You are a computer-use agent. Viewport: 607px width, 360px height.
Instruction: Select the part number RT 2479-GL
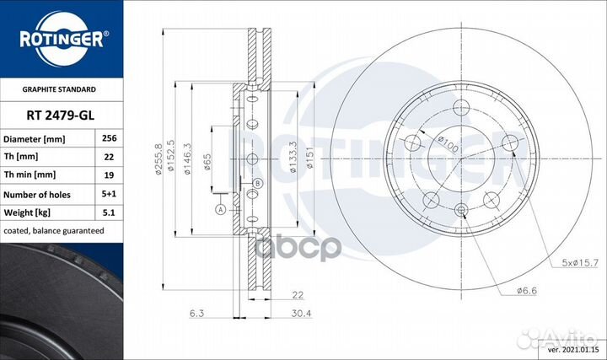(x=61, y=116)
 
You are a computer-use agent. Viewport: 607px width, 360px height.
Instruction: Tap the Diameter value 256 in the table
(x=109, y=138)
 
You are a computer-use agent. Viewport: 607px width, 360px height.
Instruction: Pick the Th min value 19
(x=109, y=175)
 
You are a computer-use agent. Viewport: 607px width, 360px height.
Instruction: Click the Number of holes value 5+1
(x=109, y=194)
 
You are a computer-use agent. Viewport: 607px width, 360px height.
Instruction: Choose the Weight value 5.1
(x=109, y=212)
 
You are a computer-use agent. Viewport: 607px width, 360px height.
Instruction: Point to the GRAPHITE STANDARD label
(x=59, y=89)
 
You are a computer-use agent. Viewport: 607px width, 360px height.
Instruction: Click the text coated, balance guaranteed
(x=54, y=231)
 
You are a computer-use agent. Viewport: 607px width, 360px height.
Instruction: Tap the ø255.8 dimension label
(x=158, y=159)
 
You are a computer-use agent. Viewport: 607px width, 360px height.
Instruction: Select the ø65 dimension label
(x=207, y=162)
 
